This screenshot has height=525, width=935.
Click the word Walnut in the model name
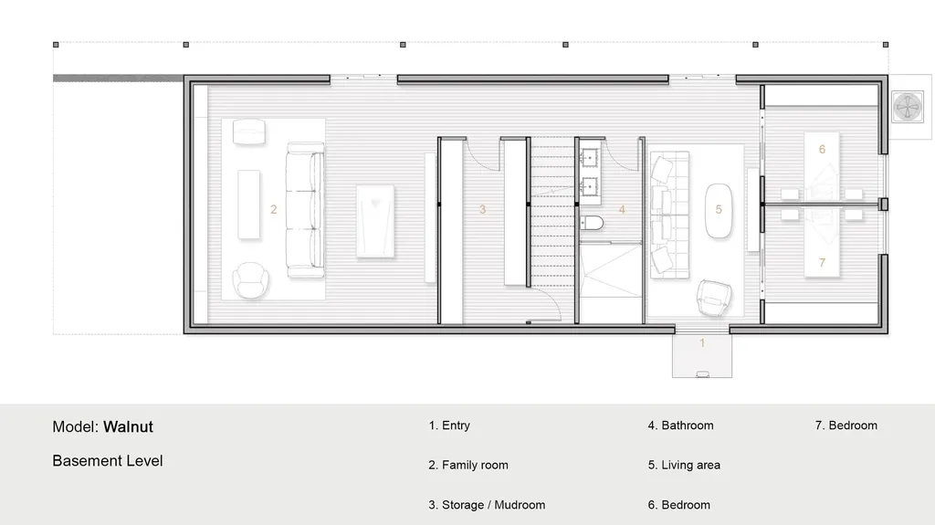(x=128, y=426)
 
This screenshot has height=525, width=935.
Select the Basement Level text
(x=108, y=461)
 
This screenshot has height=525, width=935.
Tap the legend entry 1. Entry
(x=449, y=425)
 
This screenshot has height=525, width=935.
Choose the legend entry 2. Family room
(x=468, y=465)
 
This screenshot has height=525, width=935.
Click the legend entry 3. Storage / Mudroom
(x=487, y=504)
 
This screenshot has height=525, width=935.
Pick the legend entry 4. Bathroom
(x=681, y=425)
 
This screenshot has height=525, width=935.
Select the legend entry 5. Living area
(x=684, y=465)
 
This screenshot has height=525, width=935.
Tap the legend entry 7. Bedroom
(x=846, y=425)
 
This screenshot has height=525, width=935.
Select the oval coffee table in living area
(x=719, y=211)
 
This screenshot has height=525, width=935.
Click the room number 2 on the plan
(x=273, y=209)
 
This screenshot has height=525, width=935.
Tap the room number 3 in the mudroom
(x=482, y=209)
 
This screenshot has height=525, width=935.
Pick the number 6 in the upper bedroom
(x=822, y=149)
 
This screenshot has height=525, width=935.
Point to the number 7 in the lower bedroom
(x=822, y=262)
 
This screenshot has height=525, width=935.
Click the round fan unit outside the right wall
(x=909, y=109)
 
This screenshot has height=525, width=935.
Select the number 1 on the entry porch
(x=702, y=343)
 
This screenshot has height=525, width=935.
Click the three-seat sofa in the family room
(x=305, y=210)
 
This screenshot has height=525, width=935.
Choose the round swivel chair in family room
(x=250, y=280)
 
